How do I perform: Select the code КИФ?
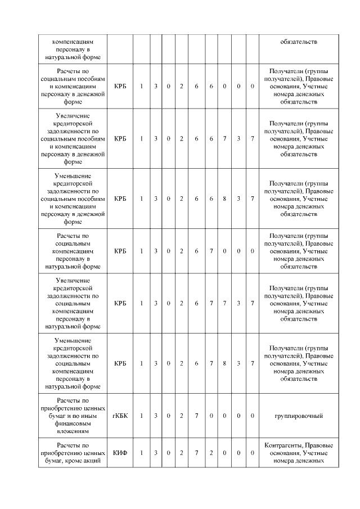click(x=120, y=453)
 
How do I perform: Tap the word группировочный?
click(x=298, y=416)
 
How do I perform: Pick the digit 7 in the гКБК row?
click(x=196, y=416)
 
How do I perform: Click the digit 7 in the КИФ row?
click(x=196, y=453)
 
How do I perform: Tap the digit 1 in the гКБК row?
click(x=142, y=416)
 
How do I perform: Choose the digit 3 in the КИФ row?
click(x=156, y=453)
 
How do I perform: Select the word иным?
click(x=91, y=416)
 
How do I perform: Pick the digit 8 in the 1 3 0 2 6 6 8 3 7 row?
click(x=224, y=199)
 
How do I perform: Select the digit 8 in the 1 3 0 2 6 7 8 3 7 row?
click(x=224, y=363)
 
